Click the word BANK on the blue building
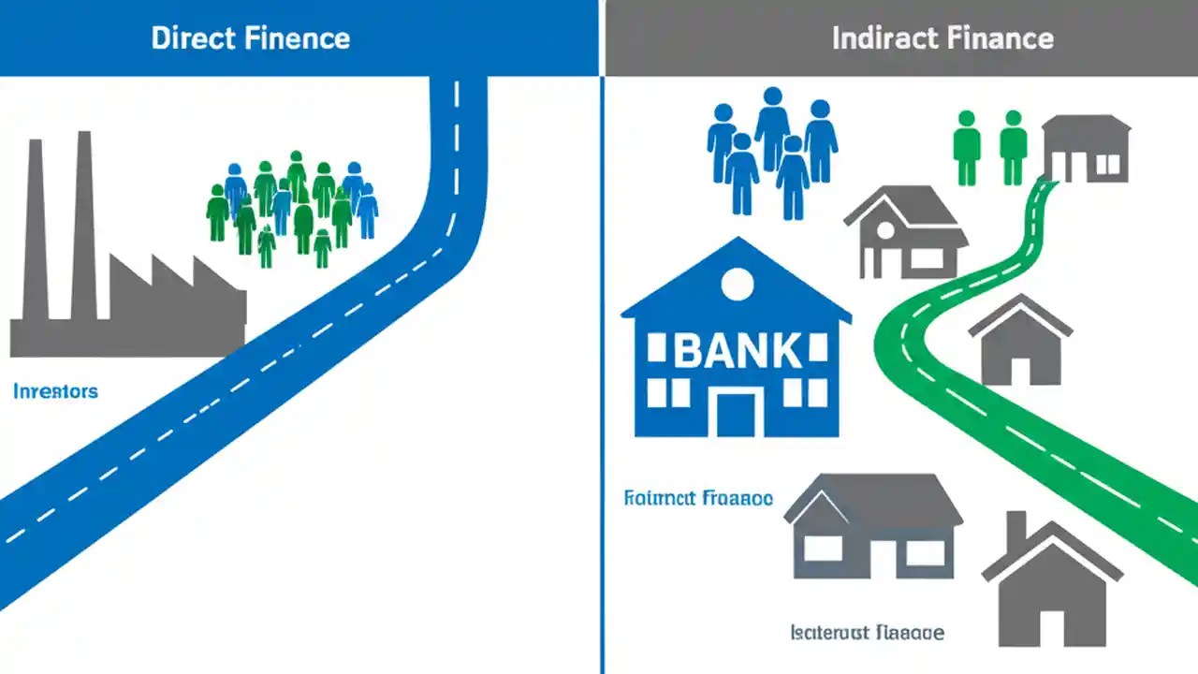[738, 351]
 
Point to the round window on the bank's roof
[738, 284]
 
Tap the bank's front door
[736, 413]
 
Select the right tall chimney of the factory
[82, 225]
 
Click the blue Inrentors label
[55, 390]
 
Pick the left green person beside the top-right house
[967, 145]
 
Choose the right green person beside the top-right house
[1013, 145]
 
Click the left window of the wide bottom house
[823, 549]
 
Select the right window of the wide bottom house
[925, 551]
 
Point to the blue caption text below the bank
[698, 498]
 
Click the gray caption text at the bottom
[867, 633]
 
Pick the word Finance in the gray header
[1001, 38]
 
